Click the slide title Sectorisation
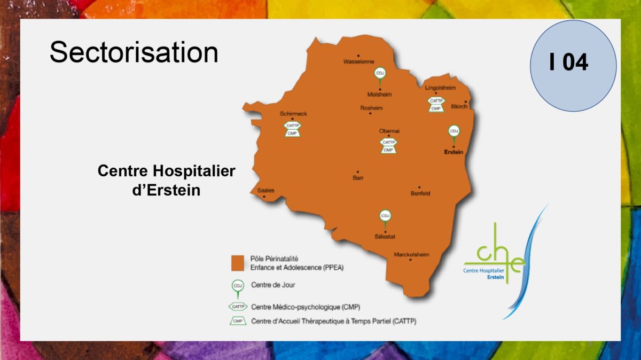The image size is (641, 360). coord(134,52)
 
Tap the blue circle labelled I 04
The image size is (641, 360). coord(573,66)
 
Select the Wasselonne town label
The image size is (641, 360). coord(358,61)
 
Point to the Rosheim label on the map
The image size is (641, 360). coord(371,108)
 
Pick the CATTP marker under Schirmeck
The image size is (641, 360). coord(293,126)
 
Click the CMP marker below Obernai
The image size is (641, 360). coord(388,150)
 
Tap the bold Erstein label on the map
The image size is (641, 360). coord(454,152)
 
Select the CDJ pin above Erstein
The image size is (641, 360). coord(454,134)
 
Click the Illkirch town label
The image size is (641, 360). coord(459,106)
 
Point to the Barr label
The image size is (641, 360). coord(358,178)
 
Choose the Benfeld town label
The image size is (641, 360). coord(420,193)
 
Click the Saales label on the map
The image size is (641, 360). coord(265,190)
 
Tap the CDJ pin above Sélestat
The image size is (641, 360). coord(385,218)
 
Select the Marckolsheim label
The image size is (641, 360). coord(411,254)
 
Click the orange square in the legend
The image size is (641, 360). coord(238,263)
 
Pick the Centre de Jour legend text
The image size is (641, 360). coord(273,285)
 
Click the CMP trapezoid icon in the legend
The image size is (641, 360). coord(238,321)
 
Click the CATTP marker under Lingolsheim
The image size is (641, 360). coord(436,101)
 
